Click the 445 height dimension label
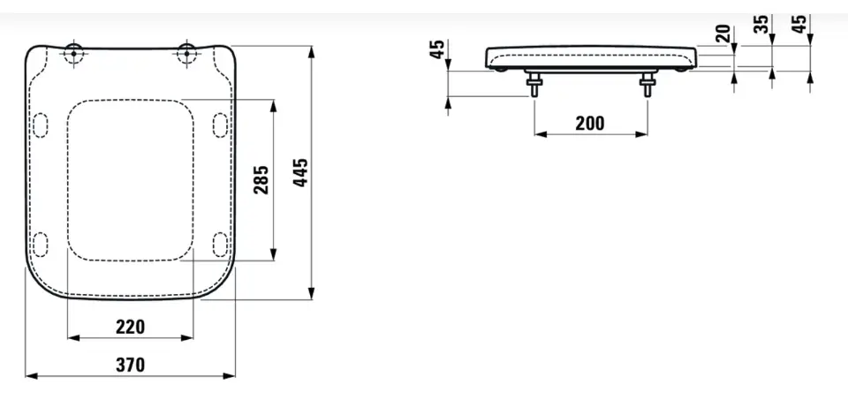click(300, 173)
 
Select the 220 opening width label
click(131, 327)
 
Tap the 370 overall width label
click(131, 365)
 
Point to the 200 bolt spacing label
click(590, 124)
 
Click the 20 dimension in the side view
click(723, 34)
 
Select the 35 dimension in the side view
click(761, 24)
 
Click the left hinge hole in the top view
click(73, 54)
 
